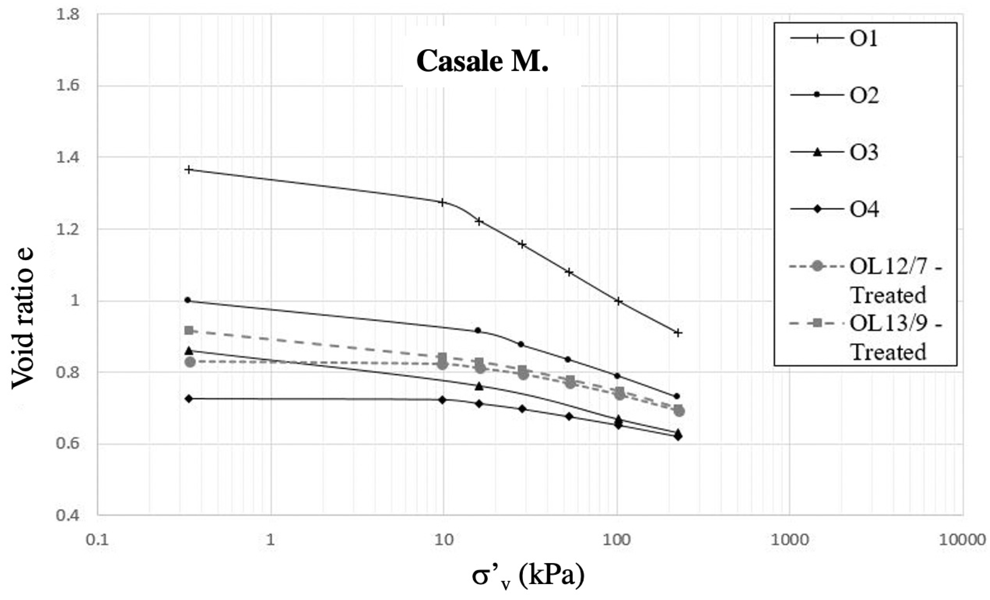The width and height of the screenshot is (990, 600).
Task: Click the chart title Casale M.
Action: click(482, 62)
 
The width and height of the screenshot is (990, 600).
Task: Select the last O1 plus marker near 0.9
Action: click(678, 333)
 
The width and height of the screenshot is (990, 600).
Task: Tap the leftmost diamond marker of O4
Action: click(189, 398)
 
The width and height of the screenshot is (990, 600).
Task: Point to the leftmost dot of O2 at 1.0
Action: click(187, 300)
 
